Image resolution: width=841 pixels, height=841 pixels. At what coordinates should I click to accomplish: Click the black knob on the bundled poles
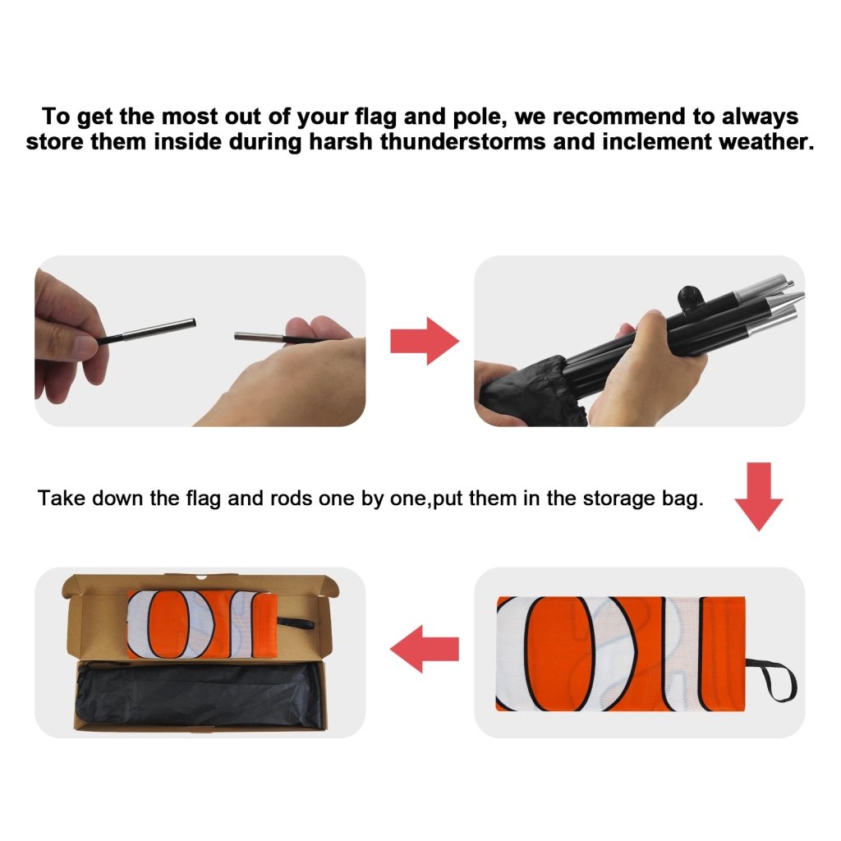687,297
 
